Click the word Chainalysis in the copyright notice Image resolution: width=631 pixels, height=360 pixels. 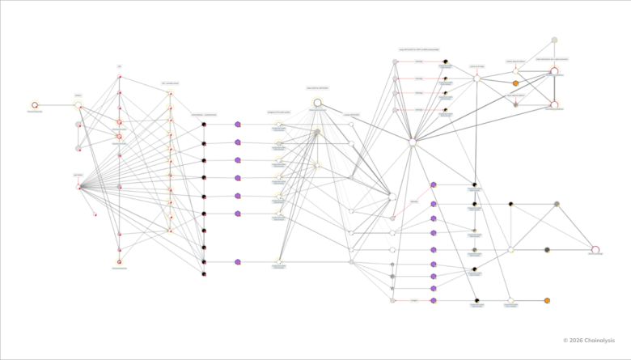coord(601,341)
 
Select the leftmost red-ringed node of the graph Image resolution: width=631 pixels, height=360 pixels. coord(35,104)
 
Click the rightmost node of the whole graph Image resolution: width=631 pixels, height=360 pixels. coord(595,249)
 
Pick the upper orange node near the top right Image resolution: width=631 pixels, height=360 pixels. coord(515,83)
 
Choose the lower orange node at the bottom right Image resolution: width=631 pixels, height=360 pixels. coord(548,300)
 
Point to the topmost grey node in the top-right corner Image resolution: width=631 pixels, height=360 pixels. coord(554,40)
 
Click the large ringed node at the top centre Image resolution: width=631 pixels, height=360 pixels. coord(317,102)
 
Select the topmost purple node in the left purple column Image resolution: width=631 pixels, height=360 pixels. coord(237,125)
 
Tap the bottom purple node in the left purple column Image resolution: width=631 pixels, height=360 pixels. coord(237,262)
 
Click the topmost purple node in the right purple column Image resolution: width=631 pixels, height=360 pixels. coord(434,185)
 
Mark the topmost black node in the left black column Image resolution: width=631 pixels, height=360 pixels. coord(204,125)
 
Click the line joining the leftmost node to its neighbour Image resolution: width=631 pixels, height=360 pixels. coord(57,104)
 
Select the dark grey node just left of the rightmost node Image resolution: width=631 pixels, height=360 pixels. coord(548,249)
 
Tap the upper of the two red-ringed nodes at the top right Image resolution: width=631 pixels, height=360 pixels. coord(554,71)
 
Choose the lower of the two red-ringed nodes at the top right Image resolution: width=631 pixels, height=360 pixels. coord(554,104)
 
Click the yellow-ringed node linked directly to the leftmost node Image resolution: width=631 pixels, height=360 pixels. coord(78,104)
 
